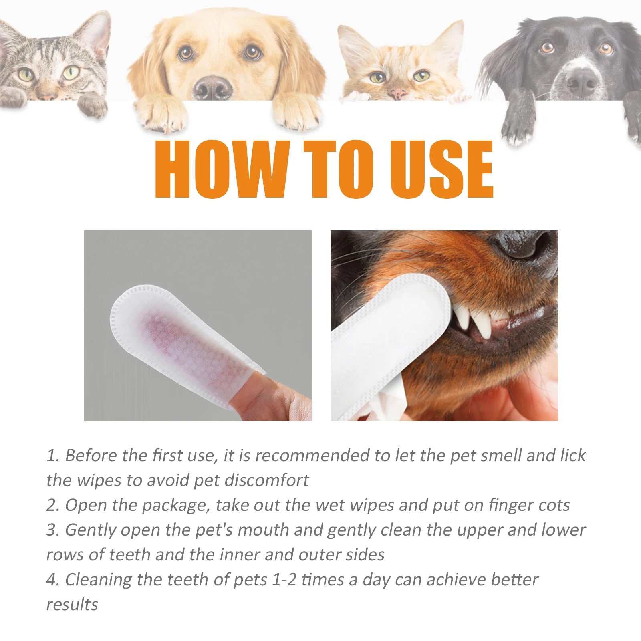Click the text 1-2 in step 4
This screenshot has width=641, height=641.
[284, 580]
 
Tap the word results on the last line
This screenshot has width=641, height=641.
[72, 605]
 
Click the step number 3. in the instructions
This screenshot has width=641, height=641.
[53, 530]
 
